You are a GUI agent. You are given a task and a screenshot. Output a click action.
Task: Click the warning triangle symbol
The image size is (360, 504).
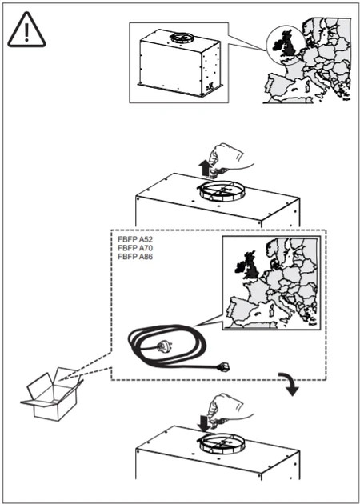pyautogui.click(x=26, y=30)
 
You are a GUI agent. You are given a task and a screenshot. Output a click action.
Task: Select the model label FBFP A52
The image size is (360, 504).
pyautogui.click(x=134, y=240)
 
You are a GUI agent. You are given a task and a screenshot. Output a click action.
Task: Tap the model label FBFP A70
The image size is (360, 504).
pyautogui.click(x=134, y=249)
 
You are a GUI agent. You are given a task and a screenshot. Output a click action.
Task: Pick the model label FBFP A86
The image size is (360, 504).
pyautogui.click(x=134, y=257)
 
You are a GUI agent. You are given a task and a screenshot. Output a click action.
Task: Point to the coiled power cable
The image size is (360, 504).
pyautogui.click(x=166, y=346)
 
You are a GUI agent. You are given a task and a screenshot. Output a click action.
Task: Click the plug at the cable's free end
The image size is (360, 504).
pyautogui.click(x=223, y=366)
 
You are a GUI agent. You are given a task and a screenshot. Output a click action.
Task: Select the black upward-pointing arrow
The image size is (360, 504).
pyautogui.click(x=204, y=168)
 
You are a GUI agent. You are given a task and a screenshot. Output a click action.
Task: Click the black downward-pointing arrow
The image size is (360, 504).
pyautogui.click(x=204, y=422)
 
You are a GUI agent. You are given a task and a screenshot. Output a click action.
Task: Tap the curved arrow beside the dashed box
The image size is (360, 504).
pyautogui.click(x=290, y=383)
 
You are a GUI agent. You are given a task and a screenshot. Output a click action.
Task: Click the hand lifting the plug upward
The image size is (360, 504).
pyautogui.click(x=230, y=158)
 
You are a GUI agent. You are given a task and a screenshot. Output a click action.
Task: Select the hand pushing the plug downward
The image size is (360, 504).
pyautogui.click(x=230, y=411)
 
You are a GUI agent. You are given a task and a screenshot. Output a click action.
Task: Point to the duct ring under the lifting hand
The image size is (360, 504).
pyautogui.click(x=221, y=191)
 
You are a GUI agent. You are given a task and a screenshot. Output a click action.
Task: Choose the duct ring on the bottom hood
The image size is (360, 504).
pyautogui.click(x=221, y=444)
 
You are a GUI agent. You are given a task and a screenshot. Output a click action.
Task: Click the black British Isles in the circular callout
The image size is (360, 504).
pyautogui.click(x=284, y=43)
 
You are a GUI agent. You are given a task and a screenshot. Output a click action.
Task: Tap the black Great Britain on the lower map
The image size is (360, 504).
pyautogui.click(x=250, y=266)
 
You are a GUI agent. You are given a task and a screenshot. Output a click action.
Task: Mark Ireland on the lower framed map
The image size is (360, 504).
pyautogui.click(x=239, y=266)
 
